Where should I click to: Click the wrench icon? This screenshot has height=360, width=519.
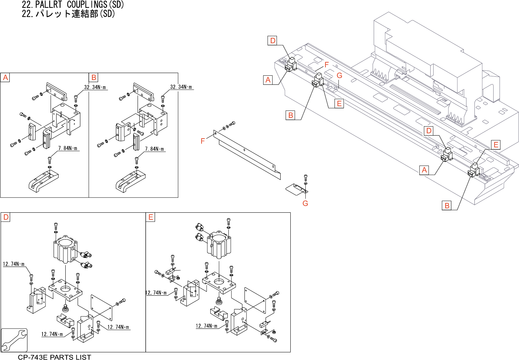tap(14, 340)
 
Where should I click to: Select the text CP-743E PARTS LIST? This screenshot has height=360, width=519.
tap(54, 357)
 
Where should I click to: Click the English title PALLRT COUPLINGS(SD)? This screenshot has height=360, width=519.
tap(73, 5)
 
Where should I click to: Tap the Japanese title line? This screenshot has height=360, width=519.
tap(68, 14)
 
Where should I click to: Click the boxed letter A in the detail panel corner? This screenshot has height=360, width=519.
tap(5, 78)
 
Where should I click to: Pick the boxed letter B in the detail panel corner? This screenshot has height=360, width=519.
tap(94, 78)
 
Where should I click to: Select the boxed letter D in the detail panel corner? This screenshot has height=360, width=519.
tap(6, 217)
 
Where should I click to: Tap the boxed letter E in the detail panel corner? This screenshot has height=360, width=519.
tap(151, 217)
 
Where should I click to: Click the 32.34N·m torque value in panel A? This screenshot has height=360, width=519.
tap(95, 87)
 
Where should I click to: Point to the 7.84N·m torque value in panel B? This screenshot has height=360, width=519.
tap(154, 149)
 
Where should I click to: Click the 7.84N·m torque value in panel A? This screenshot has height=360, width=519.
tap(68, 148)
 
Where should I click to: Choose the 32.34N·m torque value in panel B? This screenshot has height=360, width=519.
tap(181, 87)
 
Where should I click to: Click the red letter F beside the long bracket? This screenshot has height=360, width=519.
tap(203, 141)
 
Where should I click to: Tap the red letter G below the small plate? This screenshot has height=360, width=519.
tap(305, 204)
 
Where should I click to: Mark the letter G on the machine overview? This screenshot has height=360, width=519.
tap(339, 76)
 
